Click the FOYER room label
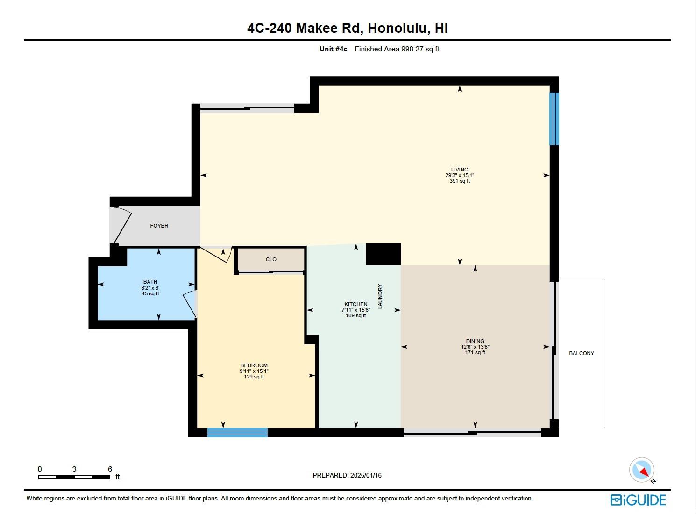pos(159,226)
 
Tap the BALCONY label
pos(582,353)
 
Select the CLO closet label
pos(271,259)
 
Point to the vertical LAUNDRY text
pos(380,296)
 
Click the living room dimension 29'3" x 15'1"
pos(460,175)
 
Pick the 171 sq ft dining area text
pos(475,352)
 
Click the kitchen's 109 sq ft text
pos(356,315)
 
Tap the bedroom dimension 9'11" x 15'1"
pos(254,371)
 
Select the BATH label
pos(150,282)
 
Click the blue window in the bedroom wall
pos(238,433)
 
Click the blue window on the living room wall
pos(554,119)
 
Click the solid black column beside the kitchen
pos(384,254)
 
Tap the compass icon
pos(642,470)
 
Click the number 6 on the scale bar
pos(110,469)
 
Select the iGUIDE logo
pos(638,500)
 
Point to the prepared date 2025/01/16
pos(366,475)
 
